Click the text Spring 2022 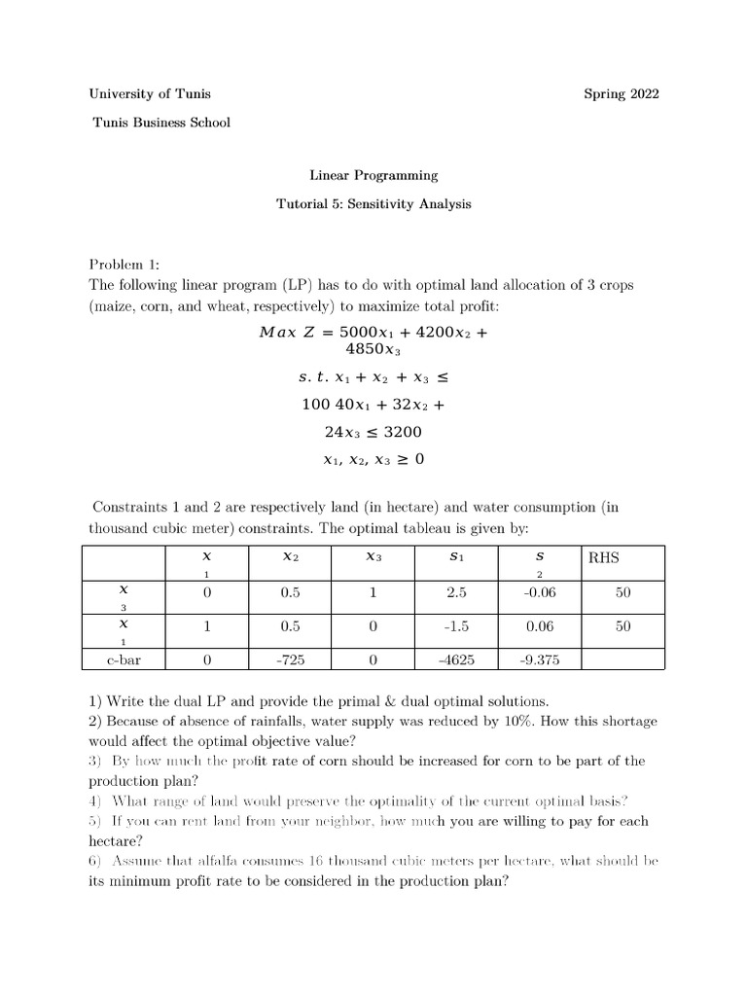[621, 94]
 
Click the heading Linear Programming [373, 176]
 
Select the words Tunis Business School [160, 123]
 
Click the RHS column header [604, 558]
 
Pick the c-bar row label [124, 659]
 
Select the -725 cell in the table [290, 659]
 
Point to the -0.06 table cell [540, 592]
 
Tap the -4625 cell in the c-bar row [456, 659]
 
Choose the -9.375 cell [540, 659]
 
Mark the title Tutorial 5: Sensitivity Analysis [373, 205]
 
